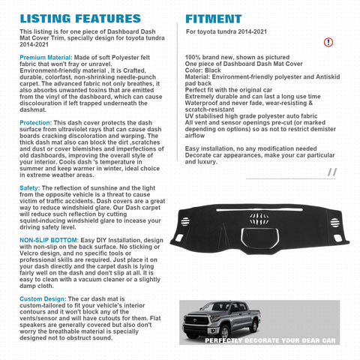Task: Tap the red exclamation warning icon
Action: [328, 42]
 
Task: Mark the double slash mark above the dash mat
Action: [331, 172]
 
